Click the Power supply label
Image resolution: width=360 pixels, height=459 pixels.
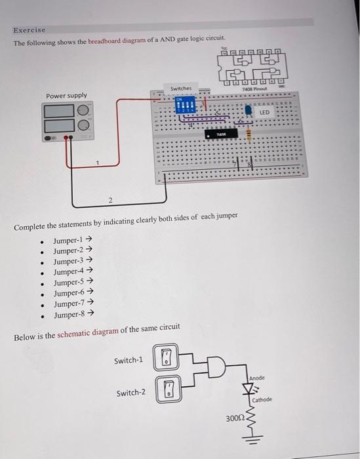[66, 96]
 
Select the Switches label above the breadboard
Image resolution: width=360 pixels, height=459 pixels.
[181, 88]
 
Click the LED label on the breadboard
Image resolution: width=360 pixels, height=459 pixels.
[264, 113]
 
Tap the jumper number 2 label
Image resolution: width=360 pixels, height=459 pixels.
[110, 199]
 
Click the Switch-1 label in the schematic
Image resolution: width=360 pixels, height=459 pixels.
[129, 360]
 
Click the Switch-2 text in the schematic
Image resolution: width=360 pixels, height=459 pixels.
[130, 393]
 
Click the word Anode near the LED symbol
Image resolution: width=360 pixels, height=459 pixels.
[258, 378]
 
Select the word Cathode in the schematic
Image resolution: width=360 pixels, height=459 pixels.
[262, 400]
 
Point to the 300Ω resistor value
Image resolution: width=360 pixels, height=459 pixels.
[234, 417]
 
